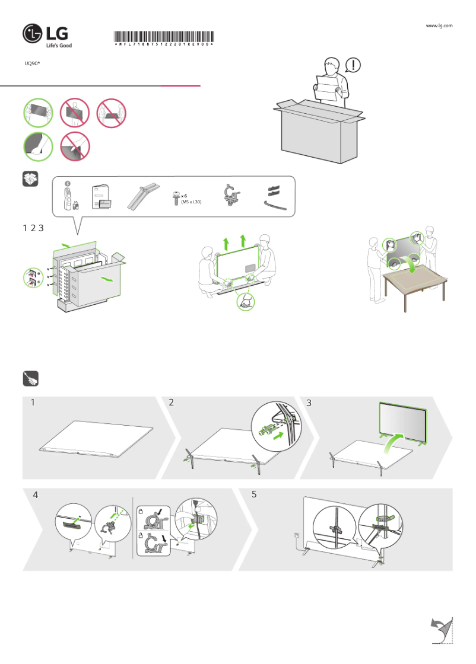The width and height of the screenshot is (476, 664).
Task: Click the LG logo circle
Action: [33, 34]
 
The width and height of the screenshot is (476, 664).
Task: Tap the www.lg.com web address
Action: [439, 25]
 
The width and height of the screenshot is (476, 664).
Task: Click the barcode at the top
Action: [164, 36]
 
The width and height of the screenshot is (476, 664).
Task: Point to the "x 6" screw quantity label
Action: [185, 195]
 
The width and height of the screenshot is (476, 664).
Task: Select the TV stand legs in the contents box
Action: [142, 196]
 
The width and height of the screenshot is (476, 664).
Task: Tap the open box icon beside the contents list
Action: [30, 180]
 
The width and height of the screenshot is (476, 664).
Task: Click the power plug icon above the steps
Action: [30, 378]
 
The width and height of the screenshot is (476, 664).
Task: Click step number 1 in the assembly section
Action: [33, 403]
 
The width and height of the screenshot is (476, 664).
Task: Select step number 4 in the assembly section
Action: [36, 495]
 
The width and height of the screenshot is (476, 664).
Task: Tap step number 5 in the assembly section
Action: [254, 495]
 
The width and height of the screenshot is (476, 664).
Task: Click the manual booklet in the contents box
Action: [100, 197]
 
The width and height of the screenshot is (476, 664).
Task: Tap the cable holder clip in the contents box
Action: [230, 196]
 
